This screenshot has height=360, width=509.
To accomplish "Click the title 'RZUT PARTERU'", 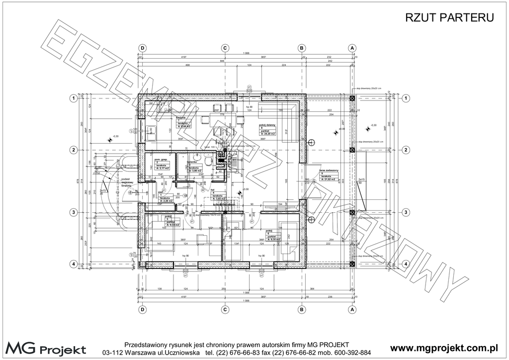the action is pyautogui.click(x=449, y=18).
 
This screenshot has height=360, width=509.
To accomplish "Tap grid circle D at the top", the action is pyautogui.click(x=142, y=47).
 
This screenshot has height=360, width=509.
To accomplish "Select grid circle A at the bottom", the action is pyautogui.click(x=352, y=309).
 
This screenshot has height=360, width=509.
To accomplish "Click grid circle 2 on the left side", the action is pyautogui.click(x=73, y=150).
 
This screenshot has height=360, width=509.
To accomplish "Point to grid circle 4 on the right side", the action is pyautogui.click(x=406, y=264).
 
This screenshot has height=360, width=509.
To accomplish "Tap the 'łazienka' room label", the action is pyautogui.click(x=193, y=162).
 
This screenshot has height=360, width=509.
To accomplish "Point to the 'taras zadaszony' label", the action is pyautogui.click(x=329, y=171).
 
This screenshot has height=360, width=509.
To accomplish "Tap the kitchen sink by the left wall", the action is pyautogui.click(x=151, y=131).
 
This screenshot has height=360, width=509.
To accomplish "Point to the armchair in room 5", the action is pyautogui.click(x=202, y=239).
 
